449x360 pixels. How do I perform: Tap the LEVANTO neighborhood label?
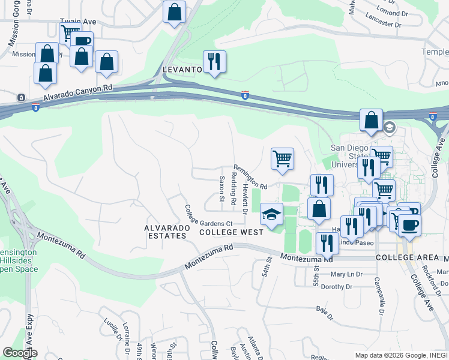[x=182, y=70]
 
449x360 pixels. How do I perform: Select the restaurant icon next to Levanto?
[x=214, y=61]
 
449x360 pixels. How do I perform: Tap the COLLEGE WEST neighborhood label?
[x=231, y=232]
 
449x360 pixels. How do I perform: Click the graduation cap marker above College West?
[x=272, y=214]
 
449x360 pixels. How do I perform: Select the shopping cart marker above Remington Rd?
[x=282, y=159]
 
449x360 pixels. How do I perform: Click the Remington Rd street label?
[x=250, y=177]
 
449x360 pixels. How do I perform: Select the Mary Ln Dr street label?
[x=346, y=274]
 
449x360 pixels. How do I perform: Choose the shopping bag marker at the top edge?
[x=174, y=11]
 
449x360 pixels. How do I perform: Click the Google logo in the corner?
[x=20, y=353]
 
